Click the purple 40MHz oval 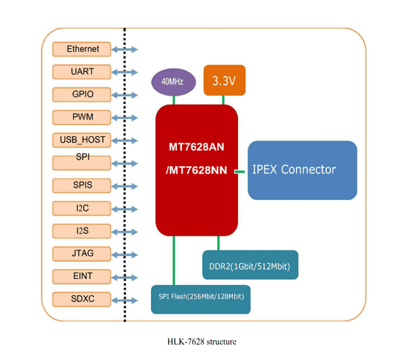pyautogui.click(x=174, y=82)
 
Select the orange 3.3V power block pyautogui.click(x=224, y=80)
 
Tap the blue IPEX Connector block pyautogui.click(x=302, y=170)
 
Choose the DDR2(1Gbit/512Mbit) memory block pyautogui.click(x=250, y=265)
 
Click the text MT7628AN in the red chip pyautogui.click(x=196, y=147)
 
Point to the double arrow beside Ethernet pyautogui.click(x=125, y=50)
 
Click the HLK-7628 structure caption pyautogui.click(x=202, y=341)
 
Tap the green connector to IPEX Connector pyautogui.click(x=240, y=172)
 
